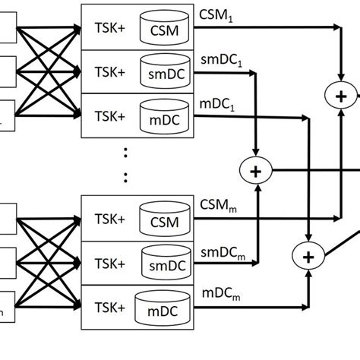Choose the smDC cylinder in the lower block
pos(163,263)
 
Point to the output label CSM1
pos(219,14)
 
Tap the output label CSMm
pos(220,206)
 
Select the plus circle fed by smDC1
pos(256,171)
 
